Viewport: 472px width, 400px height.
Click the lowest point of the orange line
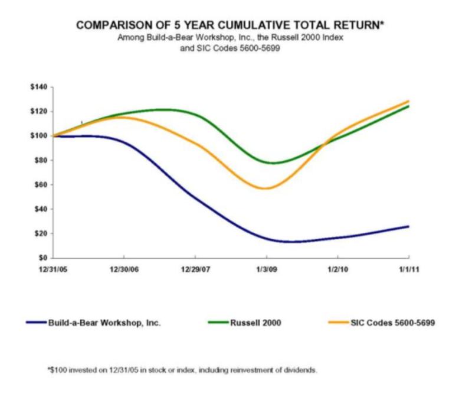click(267, 188)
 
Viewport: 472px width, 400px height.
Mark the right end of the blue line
click(408, 226)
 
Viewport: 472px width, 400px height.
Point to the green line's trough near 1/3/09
click(274, 162)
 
